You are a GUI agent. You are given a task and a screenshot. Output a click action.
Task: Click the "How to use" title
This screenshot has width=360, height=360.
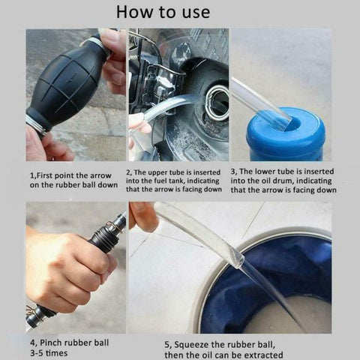tap(163, 12)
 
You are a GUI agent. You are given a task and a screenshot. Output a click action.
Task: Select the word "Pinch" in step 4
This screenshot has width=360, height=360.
tap(55, 343)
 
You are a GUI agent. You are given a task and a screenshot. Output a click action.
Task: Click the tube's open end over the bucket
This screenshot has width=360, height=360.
tap(238, 259)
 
